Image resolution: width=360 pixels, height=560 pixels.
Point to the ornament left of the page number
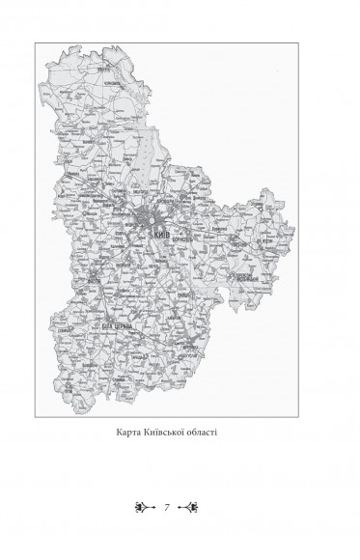tap(146, 506)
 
